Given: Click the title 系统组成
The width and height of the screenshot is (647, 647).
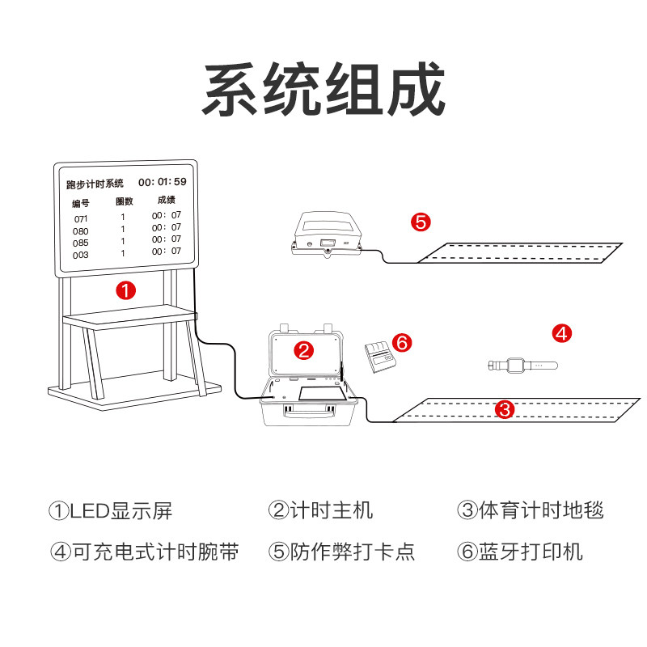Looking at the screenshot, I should (323, 89).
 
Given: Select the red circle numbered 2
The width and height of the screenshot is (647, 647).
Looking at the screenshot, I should (303, 349).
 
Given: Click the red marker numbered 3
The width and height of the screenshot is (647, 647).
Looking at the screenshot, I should (505, 409).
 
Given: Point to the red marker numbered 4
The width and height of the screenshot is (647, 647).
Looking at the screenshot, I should (562, 332).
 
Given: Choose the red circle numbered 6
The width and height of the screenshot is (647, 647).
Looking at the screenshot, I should (402, 342).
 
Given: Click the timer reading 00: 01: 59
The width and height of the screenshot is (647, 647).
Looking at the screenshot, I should (163, 182).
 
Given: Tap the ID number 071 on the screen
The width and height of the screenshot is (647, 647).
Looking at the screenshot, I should (81, 219).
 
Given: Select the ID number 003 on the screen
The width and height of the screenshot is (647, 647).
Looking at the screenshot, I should (81, 255).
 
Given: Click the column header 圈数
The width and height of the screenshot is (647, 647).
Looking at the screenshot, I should (124, 201).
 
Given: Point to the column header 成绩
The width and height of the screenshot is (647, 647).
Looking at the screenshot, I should (167, 200).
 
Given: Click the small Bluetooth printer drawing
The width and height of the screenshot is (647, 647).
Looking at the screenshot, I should (378, 356).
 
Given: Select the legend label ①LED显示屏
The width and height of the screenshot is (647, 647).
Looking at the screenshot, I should (111, 510).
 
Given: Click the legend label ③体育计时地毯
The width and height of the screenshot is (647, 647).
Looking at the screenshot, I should (531, 510).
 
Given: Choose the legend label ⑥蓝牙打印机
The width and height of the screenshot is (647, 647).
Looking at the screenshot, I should (519, 552).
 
